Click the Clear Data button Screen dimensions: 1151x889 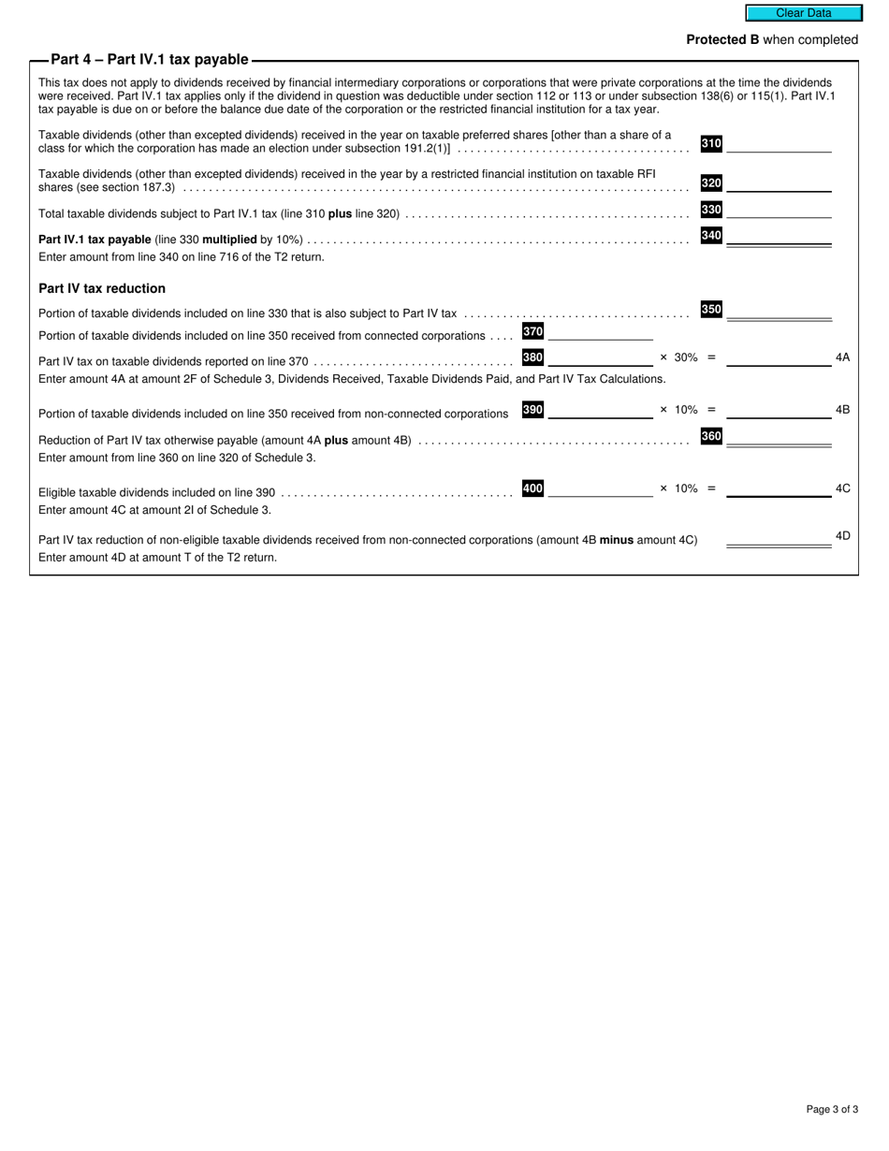tap(803, 13)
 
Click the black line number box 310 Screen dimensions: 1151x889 tap(711, 143)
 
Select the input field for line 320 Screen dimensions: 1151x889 tap(779, 183)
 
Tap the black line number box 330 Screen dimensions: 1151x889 tap(711, 210)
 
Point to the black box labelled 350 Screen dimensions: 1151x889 tap(711, 310)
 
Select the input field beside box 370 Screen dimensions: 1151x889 tap(600, 332)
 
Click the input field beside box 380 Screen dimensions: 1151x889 tap(600, 357)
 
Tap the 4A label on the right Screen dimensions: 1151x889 tap(842, 357)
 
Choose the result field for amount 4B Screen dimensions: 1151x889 tap(779, 410)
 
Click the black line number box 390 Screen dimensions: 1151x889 tap(532, 410)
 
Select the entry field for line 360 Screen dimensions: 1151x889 tap(779, 436)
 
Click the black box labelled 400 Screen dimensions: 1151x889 tap(532, 488)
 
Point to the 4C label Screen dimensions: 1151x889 tap(842, 488)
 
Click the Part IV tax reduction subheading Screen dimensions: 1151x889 tap(102, 288)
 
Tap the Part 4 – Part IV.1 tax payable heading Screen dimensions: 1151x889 tap(150, 60)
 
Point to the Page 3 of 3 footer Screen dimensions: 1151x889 tap(832, 1110)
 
